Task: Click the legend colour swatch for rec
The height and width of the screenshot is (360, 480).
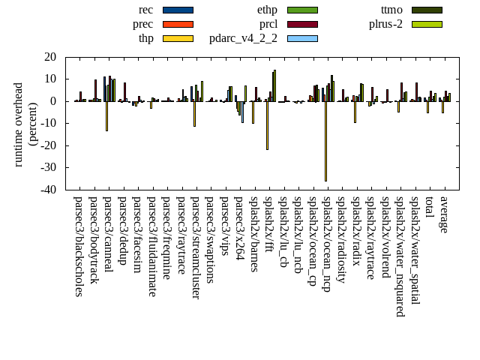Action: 178,10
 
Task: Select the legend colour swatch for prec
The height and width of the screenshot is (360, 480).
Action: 178,24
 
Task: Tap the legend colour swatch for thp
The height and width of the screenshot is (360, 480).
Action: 178,38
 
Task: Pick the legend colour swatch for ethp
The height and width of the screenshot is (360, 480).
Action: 302,10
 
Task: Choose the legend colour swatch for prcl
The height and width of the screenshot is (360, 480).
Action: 302,24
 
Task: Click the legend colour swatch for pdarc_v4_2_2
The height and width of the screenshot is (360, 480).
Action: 302,38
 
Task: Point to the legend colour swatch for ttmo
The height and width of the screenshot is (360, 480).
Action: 427,10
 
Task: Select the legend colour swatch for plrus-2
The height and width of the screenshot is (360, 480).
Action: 427,24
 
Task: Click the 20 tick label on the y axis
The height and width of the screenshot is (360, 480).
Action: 50,57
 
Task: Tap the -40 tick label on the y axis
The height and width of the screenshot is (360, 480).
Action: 48,190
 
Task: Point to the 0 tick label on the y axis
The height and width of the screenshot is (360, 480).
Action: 53,101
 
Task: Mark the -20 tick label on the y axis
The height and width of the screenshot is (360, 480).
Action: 48,145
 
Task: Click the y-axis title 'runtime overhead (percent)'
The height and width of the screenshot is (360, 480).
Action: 25,124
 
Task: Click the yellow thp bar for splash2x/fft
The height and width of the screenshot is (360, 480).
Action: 267,125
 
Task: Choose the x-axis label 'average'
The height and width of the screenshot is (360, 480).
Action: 444,214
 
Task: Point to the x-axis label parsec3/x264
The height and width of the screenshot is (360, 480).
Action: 239,228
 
